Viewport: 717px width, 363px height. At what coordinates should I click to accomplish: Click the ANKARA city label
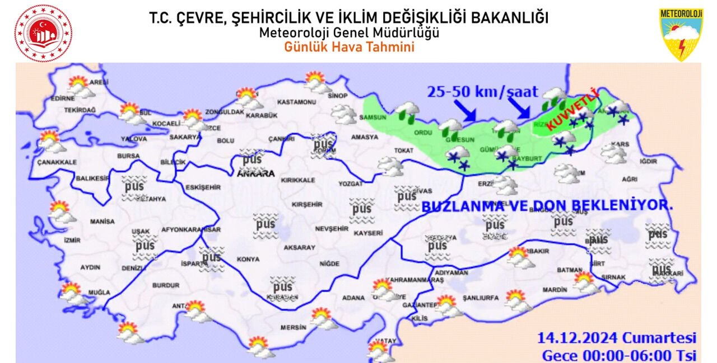click(x=256, y=174)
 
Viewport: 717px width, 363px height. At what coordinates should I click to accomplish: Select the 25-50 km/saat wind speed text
click(x=482, y=92)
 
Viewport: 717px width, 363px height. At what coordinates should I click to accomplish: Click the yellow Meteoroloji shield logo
click(x=681, y=34)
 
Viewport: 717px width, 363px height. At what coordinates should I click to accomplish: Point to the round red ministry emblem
click(x=44, y=34)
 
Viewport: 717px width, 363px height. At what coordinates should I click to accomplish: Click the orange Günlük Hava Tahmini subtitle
click(x=349, y=48)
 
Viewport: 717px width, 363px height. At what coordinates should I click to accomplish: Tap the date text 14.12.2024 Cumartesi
click(x=617, y=338)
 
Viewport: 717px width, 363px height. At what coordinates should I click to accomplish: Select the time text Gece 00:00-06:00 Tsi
click(x=618, y=355)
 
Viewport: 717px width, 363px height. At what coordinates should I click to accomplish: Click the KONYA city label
click(x=248, y=260)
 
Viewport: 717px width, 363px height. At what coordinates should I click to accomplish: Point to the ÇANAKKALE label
click(x=57, y=162)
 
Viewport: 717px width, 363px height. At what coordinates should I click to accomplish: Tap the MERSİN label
click(x=294, y=328)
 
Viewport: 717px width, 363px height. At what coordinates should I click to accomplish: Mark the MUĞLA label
click(x=99, y=293)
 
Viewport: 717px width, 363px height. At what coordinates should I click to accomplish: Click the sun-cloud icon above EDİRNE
click(x=81, y=86)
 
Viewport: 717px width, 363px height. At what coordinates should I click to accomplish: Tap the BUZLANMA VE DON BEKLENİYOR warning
click(x=547, y=206)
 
